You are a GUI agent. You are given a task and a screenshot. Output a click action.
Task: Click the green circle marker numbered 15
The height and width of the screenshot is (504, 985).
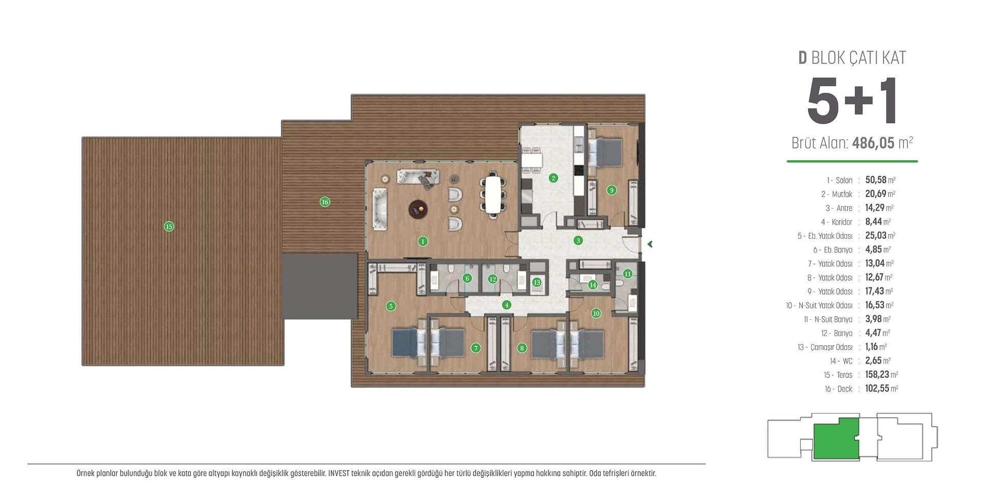pos(169,226)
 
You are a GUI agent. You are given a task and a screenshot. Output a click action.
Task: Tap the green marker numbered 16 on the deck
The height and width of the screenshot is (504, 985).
pos(325,202)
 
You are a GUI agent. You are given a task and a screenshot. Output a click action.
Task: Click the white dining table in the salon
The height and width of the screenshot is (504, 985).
pos(493,196)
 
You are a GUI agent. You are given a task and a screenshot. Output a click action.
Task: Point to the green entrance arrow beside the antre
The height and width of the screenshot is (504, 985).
pos(649,244)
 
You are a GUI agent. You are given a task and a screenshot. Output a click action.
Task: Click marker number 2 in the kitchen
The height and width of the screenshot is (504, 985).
pos(553,178)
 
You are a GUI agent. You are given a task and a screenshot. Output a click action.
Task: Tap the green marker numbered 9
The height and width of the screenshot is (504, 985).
pos(611,190)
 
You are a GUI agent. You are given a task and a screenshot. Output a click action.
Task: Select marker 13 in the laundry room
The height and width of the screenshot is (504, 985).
pos(537,282)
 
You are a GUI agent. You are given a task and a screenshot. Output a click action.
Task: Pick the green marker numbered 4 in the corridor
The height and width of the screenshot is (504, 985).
pos(507,305)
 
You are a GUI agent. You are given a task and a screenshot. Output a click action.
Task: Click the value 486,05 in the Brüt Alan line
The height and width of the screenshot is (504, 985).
pos(873,143)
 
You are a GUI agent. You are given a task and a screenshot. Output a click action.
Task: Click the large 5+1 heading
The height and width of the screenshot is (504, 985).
pos(852,101)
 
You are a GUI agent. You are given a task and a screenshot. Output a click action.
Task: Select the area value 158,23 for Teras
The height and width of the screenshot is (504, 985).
pos(877,375)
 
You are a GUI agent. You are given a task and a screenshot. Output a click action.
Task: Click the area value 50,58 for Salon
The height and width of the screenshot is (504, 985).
pos(875,180)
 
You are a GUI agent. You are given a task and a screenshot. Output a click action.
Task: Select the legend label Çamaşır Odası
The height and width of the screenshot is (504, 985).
pos(831,347)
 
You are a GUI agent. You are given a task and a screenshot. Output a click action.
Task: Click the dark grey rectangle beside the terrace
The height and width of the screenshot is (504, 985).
pos(319,286)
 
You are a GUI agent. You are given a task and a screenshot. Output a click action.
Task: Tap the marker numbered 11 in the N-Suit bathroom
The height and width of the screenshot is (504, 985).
pos(627,274)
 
